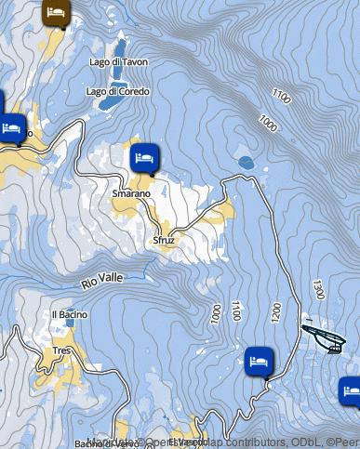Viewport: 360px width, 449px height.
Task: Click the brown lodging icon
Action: pyautogui.click(x=56, y=13)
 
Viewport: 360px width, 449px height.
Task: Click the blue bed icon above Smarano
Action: pyautogui.click(x=143, y=157)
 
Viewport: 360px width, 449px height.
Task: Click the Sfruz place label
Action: pyautogui.click(x=165, y=240)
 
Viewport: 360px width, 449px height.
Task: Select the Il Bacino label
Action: pyautogui.click(x=70, y=314)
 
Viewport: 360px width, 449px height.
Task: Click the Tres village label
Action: pyautogui.click(x=62, y=350)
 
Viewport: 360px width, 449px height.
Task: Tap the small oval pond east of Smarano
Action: pyautogui.click(x=246, y=163)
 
